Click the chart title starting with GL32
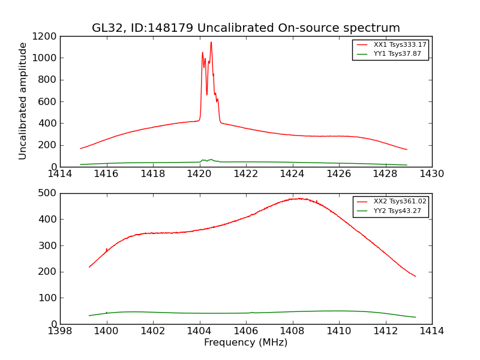pyautogui.click(x=246, y=28)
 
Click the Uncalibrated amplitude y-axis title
pyautogui.click(x=23, y=101)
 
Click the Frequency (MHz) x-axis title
pyautogui.click(x=246, y=343)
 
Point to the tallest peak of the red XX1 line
pyautogui.click(x=211, y=42)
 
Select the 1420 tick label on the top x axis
pyautogui.click(x=200, y=174)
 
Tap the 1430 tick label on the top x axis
pyautogui.click(x=432, y=174)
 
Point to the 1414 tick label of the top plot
pyautogui.click(x=60, y=174)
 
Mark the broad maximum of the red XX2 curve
pyautogui.click(x=298, y=199)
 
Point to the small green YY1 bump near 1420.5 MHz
pyautogui.click(x=211, y=160)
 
